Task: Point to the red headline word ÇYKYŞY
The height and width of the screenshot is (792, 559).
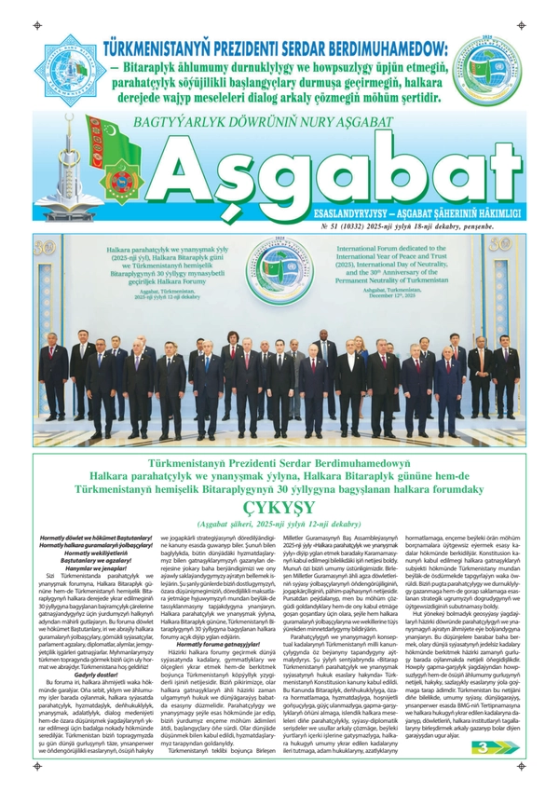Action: pyautogui.click(x=279, y=508)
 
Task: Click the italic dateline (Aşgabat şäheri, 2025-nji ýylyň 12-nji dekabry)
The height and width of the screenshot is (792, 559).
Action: pyautogui.click(x=279, y=526)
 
